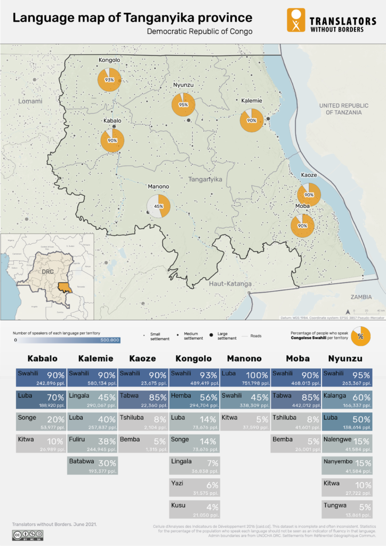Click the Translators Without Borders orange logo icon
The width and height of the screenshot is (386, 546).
coord(296,20)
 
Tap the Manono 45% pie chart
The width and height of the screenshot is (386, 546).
coord(158,206)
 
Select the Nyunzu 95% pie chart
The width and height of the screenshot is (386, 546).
coord(183,105)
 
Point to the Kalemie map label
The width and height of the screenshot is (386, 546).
coord(252,100)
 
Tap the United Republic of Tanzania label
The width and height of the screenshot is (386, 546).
coord(344,109)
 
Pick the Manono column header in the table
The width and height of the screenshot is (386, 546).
coord(244,358)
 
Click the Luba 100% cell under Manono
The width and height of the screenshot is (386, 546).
coord(244,377)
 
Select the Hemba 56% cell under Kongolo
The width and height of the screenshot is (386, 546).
coord(195,400)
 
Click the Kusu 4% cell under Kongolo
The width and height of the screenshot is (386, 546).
coord(195,509)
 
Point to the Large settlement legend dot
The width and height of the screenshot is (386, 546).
coord(211,334)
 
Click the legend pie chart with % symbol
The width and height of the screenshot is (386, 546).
coord(360,336)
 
